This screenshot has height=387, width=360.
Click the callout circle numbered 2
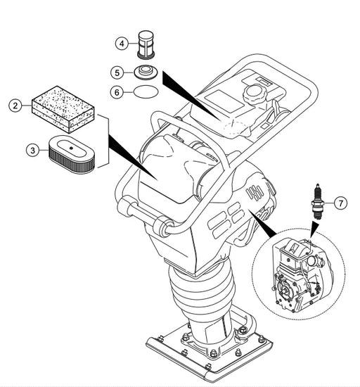coord(15,106)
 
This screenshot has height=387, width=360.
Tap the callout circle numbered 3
coord(33,150)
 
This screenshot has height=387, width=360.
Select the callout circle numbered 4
coord(122,44)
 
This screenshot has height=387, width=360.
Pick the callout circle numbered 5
coord(117,72)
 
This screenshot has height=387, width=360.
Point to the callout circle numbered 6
coord(117,92)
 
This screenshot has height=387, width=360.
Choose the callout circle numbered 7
coord(341,203)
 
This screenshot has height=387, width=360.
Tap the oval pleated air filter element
coord(72,154)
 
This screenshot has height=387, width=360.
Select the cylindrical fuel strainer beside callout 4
coord(146,44)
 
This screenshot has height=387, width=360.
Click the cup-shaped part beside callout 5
coord(145,72)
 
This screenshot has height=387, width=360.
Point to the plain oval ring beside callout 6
coord(146,91)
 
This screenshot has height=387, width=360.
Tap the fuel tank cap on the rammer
coord(255,94)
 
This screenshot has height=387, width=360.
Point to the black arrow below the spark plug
coord(314,229)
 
